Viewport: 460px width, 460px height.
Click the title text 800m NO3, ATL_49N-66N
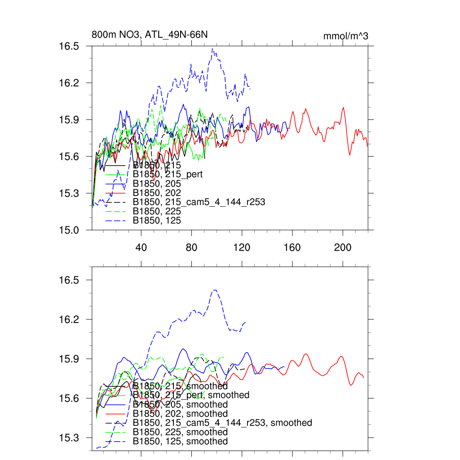tap(150, 35)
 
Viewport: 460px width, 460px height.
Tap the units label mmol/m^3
tap(345, 36)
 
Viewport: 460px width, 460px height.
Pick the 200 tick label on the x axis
tap(343, 247)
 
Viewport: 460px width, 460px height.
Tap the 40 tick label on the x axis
tap(141, 247)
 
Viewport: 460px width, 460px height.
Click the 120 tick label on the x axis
tap(242, 247)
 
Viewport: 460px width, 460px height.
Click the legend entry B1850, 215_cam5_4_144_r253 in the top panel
tap(199, 202)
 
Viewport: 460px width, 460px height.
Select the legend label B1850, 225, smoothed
tap(180, 432)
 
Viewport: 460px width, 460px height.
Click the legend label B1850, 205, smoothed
tap(180, 405)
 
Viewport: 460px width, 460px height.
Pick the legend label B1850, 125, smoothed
tap(180, 442)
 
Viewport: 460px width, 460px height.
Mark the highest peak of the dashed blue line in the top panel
tap(213, 49)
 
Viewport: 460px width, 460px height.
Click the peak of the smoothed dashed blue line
tap(215, 290)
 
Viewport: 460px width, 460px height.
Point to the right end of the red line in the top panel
tap(367, 146)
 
